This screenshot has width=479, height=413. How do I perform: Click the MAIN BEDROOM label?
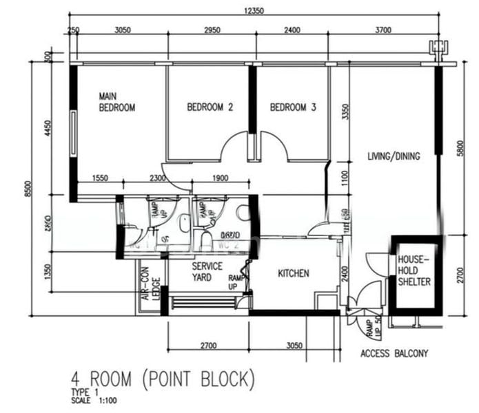click(116, 102)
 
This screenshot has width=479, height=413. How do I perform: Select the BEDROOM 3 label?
click(293, 107)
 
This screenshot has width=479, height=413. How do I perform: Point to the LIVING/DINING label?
click(394, 156)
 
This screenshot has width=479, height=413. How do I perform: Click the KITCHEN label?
click(294, 274)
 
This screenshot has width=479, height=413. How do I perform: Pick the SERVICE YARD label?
click(207, 271)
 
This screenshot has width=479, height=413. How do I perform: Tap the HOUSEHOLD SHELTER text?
click(414, 271)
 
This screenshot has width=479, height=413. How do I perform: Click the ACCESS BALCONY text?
click(394, 354)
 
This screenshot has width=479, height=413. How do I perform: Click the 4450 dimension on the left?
click(48, 129)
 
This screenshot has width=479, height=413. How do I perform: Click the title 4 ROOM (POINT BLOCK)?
click(163, 379)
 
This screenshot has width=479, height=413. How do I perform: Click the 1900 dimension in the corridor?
click(219, 179)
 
